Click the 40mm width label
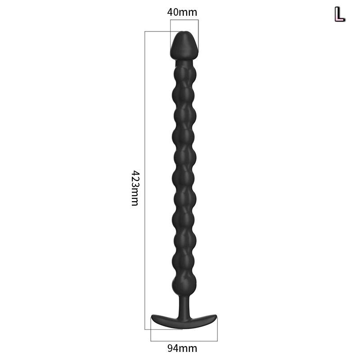click(182, 12)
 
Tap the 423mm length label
click(135, 188)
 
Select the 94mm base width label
click(182, 348)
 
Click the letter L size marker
click(340, 14)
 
